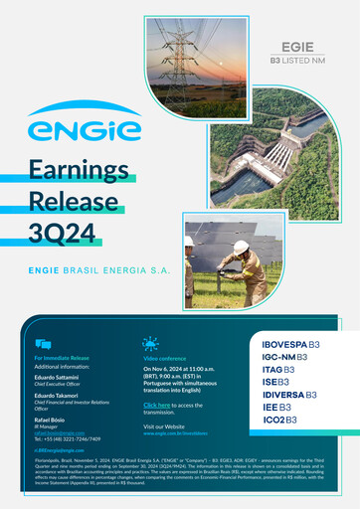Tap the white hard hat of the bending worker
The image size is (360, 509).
click(241, 247)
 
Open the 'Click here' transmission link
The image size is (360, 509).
click(156, 406)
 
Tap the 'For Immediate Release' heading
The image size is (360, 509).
click(62, 358)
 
